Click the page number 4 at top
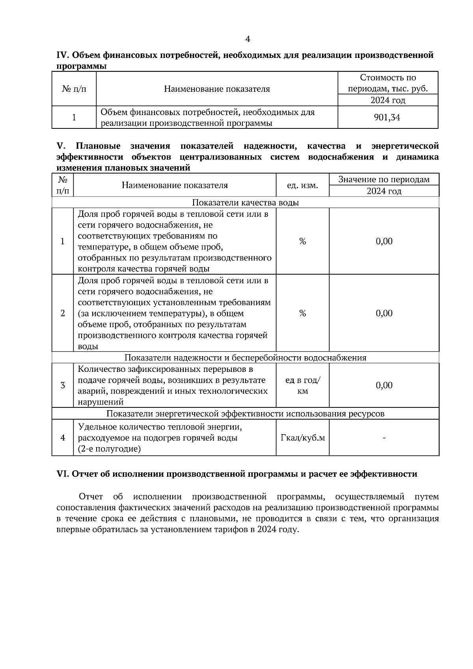[x=248, y=39]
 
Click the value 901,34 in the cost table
[x=387, y=117]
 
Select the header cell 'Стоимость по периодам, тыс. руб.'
[x=388, y=83]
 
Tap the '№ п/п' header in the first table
[x=74, y=89]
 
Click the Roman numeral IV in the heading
[x=63, y=55]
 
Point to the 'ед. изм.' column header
[x=302, y=185]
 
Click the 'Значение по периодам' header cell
[x=384, y=180]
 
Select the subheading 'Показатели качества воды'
[x=245, y=203]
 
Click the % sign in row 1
[x=302, y=242]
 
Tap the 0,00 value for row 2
[x=384, y=313]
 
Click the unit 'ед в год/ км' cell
[x=302, y=386]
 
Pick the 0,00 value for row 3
[x=384, y=385]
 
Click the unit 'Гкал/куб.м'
[x=302, y=438]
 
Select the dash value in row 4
[x=384, y=438]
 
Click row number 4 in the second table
[x=63, y=438]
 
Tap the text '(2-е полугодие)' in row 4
[x=109, y=449]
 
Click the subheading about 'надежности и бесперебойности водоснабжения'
[x=245, y=358]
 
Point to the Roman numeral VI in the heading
[x=63, y=474]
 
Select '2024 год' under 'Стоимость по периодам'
[x=388, y=100]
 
